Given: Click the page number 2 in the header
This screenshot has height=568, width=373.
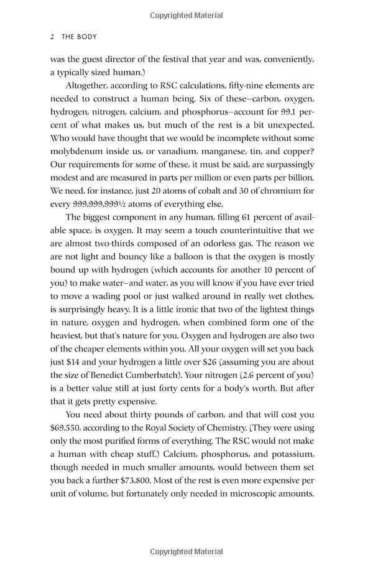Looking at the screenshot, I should coord(52,37).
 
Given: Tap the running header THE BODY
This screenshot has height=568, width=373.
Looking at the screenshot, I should coord(79,37).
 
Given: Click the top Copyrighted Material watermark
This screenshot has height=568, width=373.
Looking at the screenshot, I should coord(186,15).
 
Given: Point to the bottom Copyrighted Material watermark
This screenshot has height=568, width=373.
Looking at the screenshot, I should coord(186,551).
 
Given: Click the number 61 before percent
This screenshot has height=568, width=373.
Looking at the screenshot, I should coord(247,217).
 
